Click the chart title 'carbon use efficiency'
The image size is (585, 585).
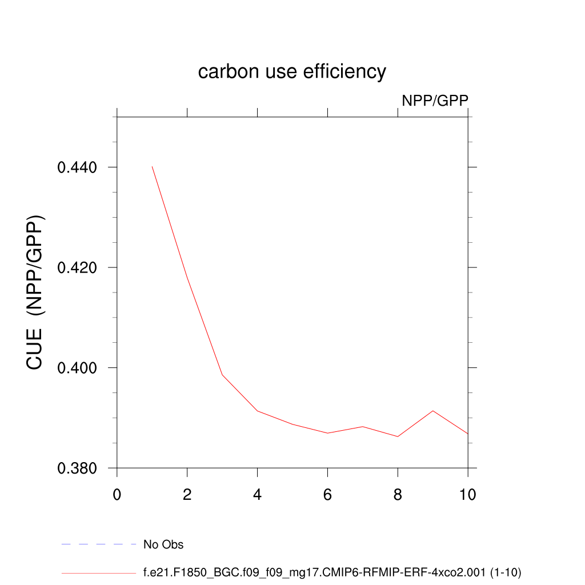[x=292, y=72]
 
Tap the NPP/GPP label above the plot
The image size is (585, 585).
[x=435, y=101]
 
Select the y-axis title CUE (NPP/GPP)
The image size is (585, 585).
[x=35, y=292]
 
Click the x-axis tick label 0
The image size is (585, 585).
[x=117, y=495]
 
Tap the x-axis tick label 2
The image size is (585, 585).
[x=187, y=495]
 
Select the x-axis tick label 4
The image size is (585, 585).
[x=258, y=495]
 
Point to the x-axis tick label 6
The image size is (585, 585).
[x=327, y=495]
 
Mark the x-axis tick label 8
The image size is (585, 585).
[x=398, y=495]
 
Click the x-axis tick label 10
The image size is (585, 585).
[x=467, y=495]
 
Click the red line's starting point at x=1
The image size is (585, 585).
[x=152, y=166]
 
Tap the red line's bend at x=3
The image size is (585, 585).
[x=222, y=375]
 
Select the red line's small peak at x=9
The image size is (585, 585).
[x=433, y=411]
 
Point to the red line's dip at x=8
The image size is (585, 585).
[x=398, y=436]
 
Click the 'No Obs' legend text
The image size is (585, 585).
[x=163, y=545]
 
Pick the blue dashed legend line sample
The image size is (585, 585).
[x=98, y=544]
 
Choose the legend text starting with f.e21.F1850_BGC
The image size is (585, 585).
[x=332, y=572]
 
